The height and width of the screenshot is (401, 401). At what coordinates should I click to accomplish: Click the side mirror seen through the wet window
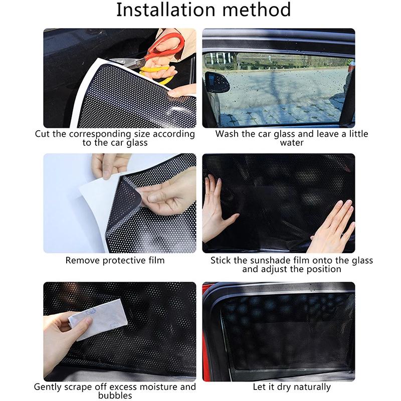[x=217, y=82]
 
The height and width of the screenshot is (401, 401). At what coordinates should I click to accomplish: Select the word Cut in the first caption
[x=42, y=134]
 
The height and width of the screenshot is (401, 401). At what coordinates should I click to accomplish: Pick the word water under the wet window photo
[x=292, y=143]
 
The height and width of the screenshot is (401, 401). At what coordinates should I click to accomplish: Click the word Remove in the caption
[x=83, y=260]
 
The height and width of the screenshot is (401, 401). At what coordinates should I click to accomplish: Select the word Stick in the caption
[x=221, y=260]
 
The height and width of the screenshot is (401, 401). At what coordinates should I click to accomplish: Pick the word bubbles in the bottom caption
[x=115, y=395]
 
